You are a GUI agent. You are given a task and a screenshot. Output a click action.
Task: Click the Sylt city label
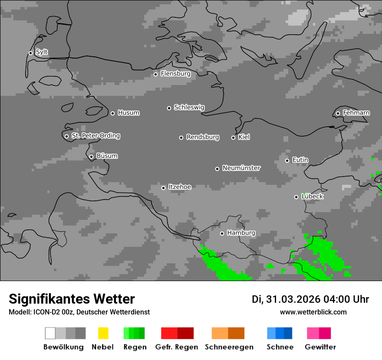(x=42, y=52)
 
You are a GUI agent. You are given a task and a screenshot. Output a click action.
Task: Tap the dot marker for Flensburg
(x=155, y=74)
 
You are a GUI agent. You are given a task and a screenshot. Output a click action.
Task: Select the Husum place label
(x=128, y=113)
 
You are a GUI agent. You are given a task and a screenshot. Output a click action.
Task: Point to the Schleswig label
(x=189, y=108)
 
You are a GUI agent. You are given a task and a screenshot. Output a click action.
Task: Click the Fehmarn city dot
(x=338, y=114)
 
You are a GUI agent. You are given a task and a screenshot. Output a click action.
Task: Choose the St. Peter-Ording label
(x=95, y=136)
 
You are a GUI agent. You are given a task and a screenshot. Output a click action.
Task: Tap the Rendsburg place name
(x=202, y=137)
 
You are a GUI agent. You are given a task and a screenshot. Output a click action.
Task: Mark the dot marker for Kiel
(x=233, y=137)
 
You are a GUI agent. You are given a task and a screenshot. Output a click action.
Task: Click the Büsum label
(x=107, y=156)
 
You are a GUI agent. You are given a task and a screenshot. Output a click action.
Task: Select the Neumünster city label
(x=241, y=168)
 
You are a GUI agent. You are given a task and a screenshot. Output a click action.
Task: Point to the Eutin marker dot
(x=287, y=160)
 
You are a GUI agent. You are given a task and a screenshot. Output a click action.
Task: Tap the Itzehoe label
(x=180, y=187)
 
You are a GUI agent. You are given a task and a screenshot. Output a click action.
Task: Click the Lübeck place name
(x=312, y=196)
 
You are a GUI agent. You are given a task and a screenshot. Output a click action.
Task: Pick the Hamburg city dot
(x=222, y=233)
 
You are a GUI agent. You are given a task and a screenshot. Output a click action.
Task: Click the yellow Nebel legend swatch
(x=103, y=333)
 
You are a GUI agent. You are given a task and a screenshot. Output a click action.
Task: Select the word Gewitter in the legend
(x=320, y=347)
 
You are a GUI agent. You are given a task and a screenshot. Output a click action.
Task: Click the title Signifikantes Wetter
(x=72, y=299)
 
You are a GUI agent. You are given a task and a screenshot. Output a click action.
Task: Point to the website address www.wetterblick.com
(x=313, y=312)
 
